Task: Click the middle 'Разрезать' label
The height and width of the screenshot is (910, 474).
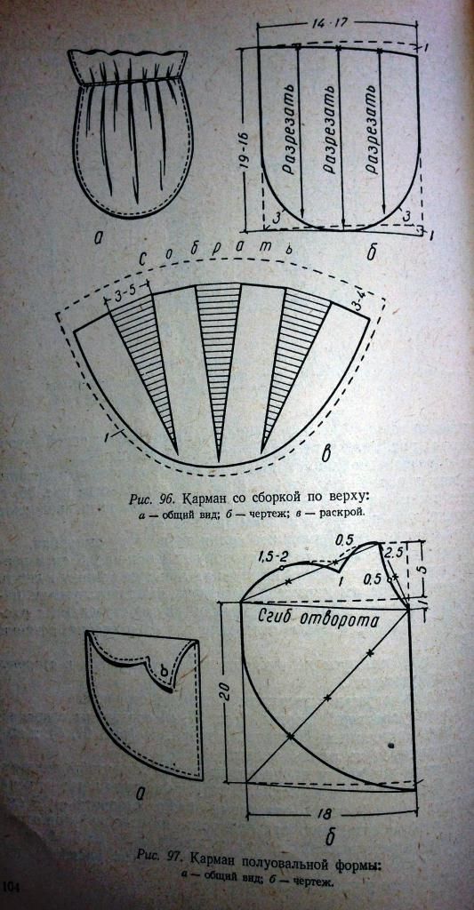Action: pos(331,130)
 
